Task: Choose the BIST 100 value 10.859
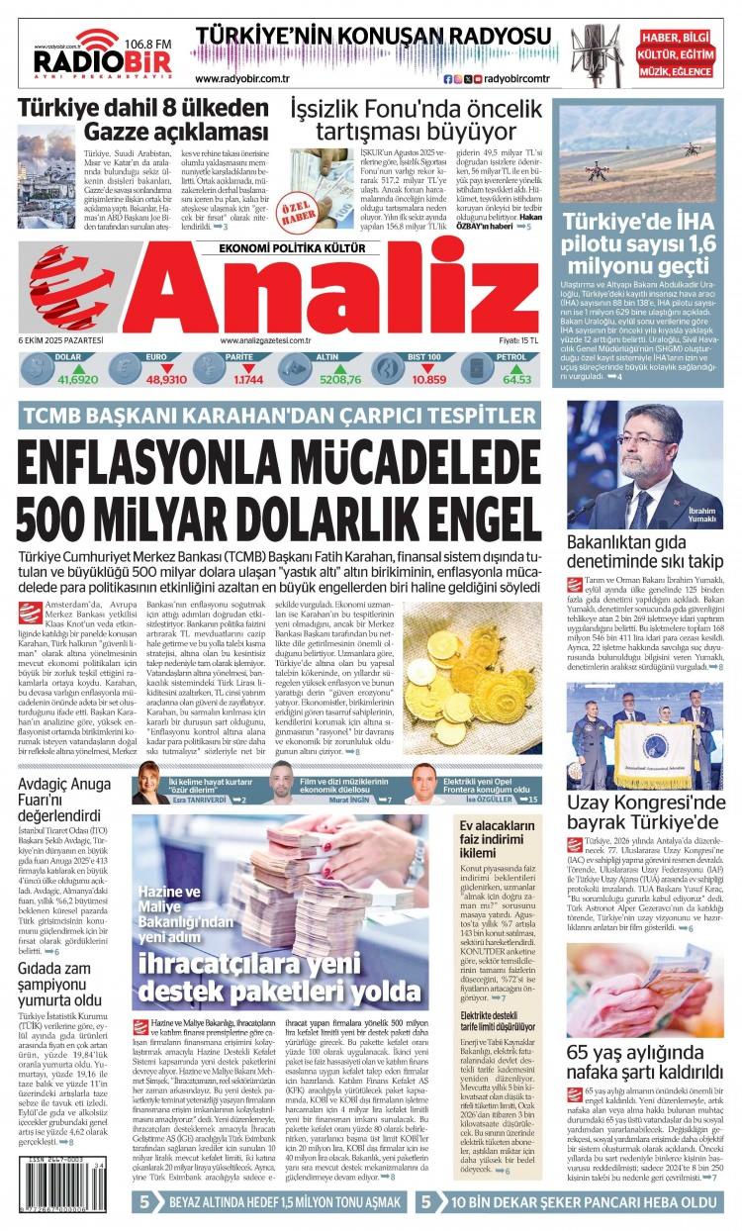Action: click(x=428, y=380)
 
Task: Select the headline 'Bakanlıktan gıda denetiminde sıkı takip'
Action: click(x=645, y=552)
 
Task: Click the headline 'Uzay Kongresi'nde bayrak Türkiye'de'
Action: click(x=645, y=814)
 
